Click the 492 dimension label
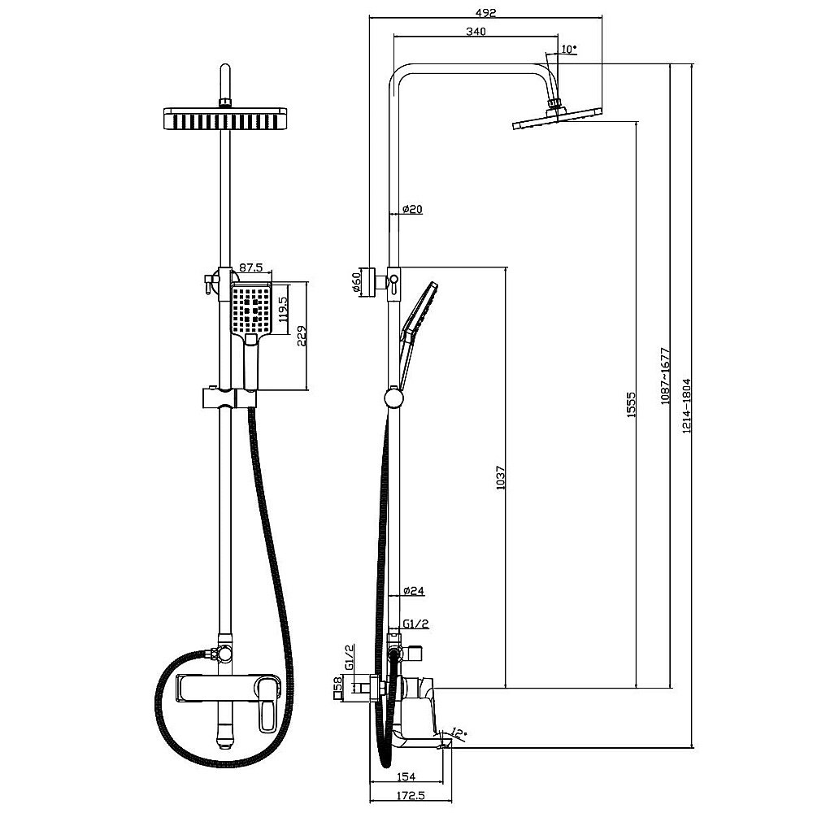[x=485, y=11]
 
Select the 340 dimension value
[x=476, y=32]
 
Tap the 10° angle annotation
[x=569, y=49]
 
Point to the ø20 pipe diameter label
[x=412, y=209]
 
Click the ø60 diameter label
[x=356, y=282]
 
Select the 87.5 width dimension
[x=250, y=267]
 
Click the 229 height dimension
[x=301, y=336]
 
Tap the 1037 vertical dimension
[x=500, y=477]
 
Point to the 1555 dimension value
[x=630, y=405]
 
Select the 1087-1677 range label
[x=664, y=377]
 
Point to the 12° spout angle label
[x=461, y=733]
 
